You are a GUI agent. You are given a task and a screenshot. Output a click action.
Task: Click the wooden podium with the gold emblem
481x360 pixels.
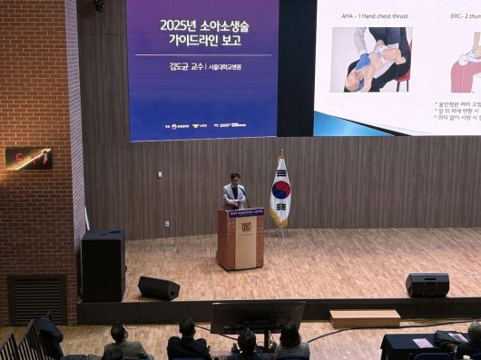(x=240, y=239)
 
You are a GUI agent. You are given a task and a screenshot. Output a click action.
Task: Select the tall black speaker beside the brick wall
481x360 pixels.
(x=103, y=265)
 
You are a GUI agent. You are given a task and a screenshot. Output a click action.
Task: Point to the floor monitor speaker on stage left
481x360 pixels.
(x=159, y=288)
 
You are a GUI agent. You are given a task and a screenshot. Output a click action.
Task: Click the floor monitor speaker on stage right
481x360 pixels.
(x=427, y=285)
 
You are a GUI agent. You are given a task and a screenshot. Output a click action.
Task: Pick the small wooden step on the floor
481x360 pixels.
(x=364, y=317)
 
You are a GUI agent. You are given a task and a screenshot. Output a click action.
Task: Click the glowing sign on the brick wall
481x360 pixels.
(x=28, y=158)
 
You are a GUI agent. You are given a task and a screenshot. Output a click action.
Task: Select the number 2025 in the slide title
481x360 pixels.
(x=178, y=24)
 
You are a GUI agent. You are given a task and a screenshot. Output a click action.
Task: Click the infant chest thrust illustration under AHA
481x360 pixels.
(x=371, y=60)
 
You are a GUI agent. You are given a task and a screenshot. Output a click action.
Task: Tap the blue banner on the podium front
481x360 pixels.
(x=246, y=213)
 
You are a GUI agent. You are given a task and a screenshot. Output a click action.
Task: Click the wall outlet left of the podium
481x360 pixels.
(x=167, y=223)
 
